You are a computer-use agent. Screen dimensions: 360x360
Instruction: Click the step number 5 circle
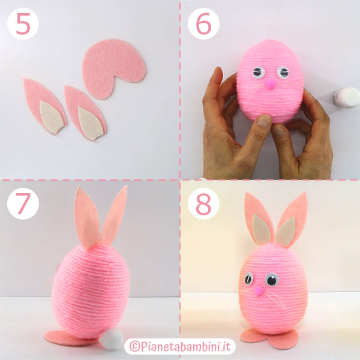23,23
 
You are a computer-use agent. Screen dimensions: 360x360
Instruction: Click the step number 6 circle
203,23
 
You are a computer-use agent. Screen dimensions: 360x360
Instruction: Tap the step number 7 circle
23,203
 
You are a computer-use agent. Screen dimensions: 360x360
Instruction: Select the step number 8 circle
203,203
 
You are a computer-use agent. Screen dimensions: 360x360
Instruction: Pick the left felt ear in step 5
45,106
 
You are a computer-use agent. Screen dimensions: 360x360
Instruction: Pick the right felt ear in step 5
85,113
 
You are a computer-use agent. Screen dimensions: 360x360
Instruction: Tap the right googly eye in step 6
283,72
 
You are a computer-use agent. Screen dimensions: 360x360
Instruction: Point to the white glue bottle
346,97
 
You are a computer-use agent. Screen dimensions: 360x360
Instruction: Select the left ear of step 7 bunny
87,218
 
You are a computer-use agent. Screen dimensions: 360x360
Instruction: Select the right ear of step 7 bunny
115,216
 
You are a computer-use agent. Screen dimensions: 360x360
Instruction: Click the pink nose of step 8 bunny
259,290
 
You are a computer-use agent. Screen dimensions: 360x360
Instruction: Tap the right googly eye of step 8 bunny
272,280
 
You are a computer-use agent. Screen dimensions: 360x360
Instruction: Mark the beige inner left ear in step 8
262,229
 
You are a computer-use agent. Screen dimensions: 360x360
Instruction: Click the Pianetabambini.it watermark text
180,346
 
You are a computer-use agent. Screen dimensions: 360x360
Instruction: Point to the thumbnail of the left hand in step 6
264,121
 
